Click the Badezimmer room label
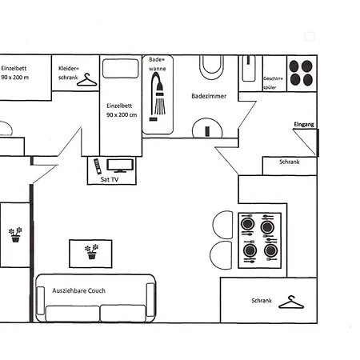[x=209, y=96]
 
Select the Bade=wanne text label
[x=156, y=63]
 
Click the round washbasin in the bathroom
[x=208, y=128]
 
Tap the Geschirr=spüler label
[x=274, y=83]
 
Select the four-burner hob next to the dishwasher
[x=302, y=74]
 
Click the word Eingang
[x=304, y=125]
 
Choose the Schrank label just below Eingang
[x=289, y=162]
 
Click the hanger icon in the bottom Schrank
[x=294, y=302]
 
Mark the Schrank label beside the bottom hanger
[x=262, y=302]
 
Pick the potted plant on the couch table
[x=91, y=252]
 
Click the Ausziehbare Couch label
[x=78, y=290]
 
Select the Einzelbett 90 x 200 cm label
[x=121, y=110]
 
